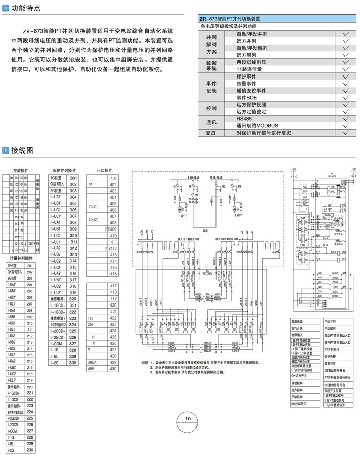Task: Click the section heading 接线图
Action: [x=23, y=150]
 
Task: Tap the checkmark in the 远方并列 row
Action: [x=345, y=41]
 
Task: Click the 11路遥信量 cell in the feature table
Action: [x=249, y=69]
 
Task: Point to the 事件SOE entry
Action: [x=247, y=97]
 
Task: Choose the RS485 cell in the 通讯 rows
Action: [x=244, y=118]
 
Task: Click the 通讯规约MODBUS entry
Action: [x=257, y=125]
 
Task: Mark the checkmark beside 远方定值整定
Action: [x=345, y=111]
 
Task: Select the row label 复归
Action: [x=211, y=133]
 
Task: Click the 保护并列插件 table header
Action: [x=63, y=170]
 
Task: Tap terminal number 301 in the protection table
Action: [x=74, y=178]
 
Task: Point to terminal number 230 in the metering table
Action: [x=30, y=450]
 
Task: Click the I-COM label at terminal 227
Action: [x=12, y=431]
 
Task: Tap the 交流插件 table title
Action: [x=20, y=170]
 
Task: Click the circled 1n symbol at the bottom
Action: [x=187, y=418]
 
